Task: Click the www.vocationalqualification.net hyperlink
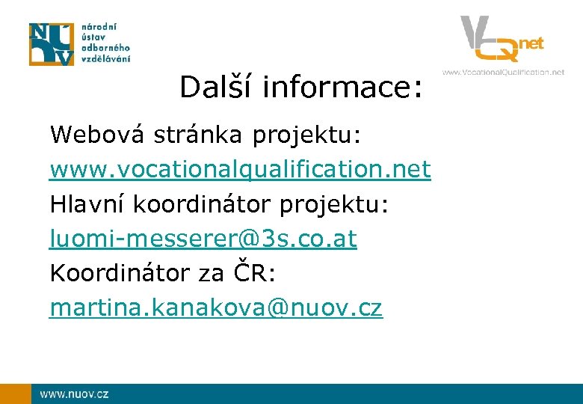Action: coord(240,171)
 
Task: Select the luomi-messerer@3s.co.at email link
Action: coord(203,239)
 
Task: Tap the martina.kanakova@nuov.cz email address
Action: coord(216,308)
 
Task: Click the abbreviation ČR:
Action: coord(253,274)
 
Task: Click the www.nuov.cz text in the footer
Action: coord(74,394)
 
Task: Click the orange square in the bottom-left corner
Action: coord(15,394)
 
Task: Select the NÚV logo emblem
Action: coord(52,44)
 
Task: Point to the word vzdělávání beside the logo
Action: coord(105,59)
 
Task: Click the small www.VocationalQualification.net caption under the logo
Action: coord(503,73)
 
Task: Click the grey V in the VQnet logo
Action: coord(475,34)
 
